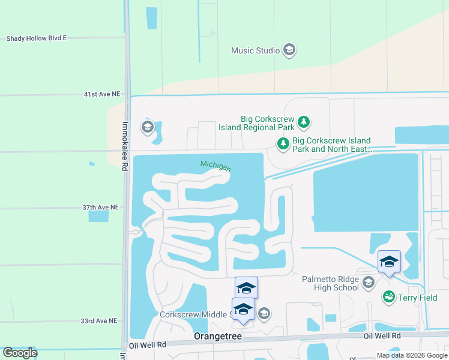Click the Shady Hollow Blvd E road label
click(x=36, y=38)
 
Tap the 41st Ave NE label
click(x=102, y=95)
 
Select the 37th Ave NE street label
click(x=101, y=207)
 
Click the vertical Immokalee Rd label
click(x=125, y=147)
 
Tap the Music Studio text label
click(x=255, y=50)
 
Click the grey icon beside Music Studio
click(x=289, y=50)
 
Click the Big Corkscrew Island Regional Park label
click(x=268, y=123)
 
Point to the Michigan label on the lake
click(x=215, y=166)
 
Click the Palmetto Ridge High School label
click(x=330, y=283)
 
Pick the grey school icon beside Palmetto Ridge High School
click(x=369, y=282)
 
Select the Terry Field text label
click(x=415, y=296)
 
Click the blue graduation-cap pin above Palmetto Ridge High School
click(x=389, y=262)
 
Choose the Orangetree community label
click(x=217, y=337)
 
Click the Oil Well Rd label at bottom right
click(x=382, y=336)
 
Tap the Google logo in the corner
click(x=20, y=353)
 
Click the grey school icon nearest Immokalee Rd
click(x=147, y=127)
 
